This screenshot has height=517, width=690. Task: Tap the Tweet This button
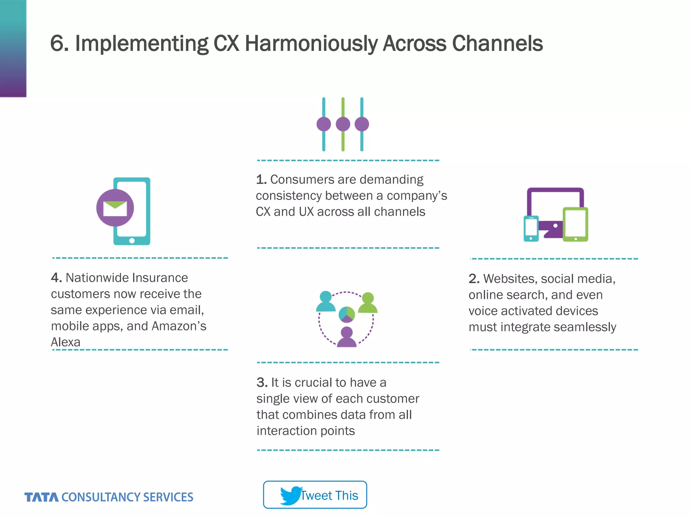(315, 495)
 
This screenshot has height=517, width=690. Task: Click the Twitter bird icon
(290, 495)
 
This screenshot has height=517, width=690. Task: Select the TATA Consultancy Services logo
(108, 497)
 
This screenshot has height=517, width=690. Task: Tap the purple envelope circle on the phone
(115, 208)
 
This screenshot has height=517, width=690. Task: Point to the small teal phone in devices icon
(531, 229)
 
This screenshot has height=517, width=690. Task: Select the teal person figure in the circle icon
(325, 302)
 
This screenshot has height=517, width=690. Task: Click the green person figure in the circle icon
(368, 303)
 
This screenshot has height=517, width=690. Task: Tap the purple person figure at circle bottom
(347, 337)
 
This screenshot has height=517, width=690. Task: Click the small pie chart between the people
(347, 314)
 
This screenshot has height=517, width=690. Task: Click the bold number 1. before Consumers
(261, 180)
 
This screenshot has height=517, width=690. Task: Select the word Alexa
(66, 342)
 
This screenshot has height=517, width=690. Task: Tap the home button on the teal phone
(132, 241)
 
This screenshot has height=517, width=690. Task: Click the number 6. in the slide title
(59, 44)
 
